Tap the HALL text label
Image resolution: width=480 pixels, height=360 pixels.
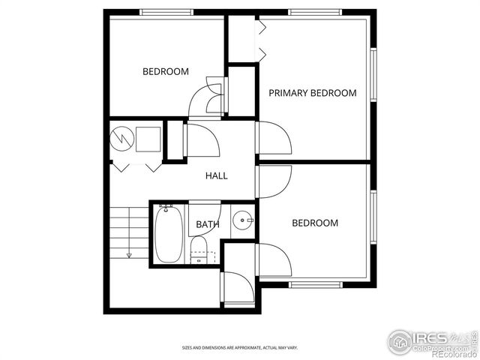(217, 175)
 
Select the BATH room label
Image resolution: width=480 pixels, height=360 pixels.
(208, 224)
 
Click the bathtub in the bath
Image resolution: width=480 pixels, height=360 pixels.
(167, 233)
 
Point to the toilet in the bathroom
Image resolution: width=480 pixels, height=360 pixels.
(199, 249)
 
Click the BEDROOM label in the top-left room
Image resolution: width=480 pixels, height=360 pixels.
(166, 72)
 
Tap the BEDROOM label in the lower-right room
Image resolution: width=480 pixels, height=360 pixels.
(314, 223)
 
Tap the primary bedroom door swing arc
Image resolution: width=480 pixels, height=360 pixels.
(274, 139)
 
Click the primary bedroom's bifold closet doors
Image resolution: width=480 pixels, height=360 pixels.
(262, 40)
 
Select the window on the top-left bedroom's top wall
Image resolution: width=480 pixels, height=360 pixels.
(166, 12)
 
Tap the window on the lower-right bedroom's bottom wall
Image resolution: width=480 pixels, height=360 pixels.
(316, 284)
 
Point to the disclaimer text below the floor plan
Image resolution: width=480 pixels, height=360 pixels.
(240, 348)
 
